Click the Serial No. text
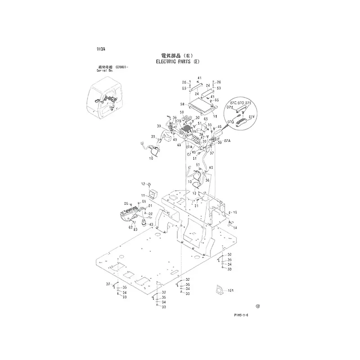point(104,71)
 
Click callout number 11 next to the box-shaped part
point(144,195)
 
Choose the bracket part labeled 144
point(220,290)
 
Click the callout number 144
point(231,290)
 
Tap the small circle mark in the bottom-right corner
point(258,306)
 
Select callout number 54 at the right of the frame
point(235,228)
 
